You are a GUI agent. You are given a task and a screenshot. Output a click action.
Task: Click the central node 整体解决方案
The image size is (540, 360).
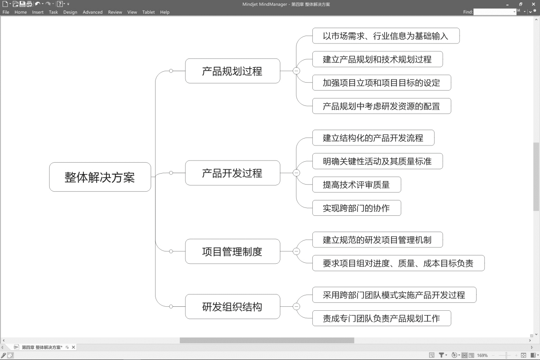[100, 177]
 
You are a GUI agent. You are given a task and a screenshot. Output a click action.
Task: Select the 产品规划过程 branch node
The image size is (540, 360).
[232, 71]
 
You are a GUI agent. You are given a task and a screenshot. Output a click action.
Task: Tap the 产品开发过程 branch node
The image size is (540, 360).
[232, 173]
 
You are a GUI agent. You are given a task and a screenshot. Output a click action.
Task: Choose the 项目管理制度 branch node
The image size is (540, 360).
[232, 251]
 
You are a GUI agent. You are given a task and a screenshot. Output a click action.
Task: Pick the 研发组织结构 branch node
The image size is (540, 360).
[232, 306]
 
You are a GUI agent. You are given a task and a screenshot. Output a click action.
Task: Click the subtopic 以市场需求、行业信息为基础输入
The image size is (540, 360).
[385, 36]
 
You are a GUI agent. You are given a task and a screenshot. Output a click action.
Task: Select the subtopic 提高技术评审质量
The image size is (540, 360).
[356, 185]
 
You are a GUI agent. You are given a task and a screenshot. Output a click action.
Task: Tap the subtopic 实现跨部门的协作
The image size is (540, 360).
[356, 208]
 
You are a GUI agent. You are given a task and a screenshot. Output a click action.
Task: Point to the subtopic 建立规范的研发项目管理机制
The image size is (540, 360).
[377, 240]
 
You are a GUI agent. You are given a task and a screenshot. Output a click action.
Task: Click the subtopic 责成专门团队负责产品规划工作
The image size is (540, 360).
[381, 318]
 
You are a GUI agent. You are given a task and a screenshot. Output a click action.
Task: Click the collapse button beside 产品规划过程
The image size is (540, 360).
[296, 71]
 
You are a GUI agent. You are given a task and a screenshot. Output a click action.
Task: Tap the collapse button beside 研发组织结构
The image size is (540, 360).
[296, 306]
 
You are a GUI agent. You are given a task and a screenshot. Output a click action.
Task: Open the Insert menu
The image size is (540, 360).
[38, 12]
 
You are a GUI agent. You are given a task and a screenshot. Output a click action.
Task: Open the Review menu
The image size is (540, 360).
[115, 12]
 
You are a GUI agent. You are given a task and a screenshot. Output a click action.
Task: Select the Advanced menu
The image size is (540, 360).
[92, 12]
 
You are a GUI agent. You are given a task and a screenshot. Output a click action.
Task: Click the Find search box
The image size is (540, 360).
[494, 12]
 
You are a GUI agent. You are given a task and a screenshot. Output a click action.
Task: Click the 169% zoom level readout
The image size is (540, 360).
[482, 355]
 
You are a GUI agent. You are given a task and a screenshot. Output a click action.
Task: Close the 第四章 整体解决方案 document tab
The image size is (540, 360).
[73, 347]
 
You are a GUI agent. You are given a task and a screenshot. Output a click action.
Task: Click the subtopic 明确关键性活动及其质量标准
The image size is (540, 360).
[377, 161]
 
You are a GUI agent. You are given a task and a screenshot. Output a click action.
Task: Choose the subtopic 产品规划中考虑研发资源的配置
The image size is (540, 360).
[381, 106]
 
